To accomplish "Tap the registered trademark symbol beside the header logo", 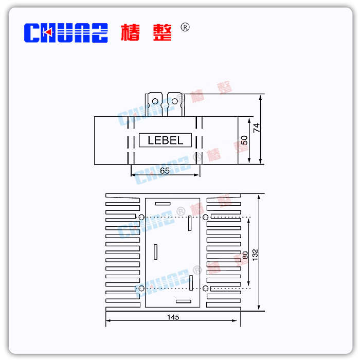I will (x=185, y=27).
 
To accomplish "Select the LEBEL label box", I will (x=166, y=140).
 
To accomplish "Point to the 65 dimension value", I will (x=165, y=171).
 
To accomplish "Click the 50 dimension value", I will (x=245, y=140).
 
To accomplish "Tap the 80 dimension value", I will (x=245, y=255).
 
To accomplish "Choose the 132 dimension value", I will (x=256, y=254).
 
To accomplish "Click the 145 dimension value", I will (x=173, y=317).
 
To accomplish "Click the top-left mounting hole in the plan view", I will (x=141, y=218).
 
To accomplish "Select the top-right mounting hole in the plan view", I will (x=206, y=218).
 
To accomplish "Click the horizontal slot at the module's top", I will (x=163, y=204).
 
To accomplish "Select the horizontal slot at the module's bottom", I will (x=183, y=301).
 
